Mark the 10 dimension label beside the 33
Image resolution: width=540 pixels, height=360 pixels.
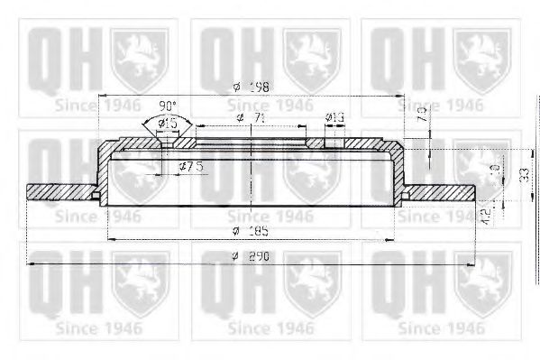(x=492, y=170)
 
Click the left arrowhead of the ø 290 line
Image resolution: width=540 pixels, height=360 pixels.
(x=32, y=263)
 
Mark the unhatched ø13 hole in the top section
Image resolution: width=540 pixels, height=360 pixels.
(x=333, y=141)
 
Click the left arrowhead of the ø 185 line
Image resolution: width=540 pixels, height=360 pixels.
(x=111, y=237)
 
